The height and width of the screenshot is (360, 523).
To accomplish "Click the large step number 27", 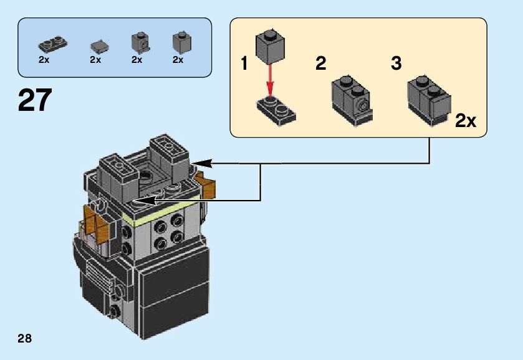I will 36,100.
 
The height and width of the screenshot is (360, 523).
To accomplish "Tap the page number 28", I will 25,339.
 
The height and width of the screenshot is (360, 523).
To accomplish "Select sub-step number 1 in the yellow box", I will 245,64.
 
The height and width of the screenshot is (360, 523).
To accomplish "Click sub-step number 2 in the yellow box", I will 321,64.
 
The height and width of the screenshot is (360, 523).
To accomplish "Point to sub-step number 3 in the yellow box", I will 396,64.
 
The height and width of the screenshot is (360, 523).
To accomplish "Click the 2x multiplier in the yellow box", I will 466,121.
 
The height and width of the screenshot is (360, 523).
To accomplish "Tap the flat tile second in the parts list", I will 97,45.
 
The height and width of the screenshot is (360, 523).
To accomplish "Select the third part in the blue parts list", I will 138,42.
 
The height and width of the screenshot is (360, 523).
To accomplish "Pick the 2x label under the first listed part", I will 44,60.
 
